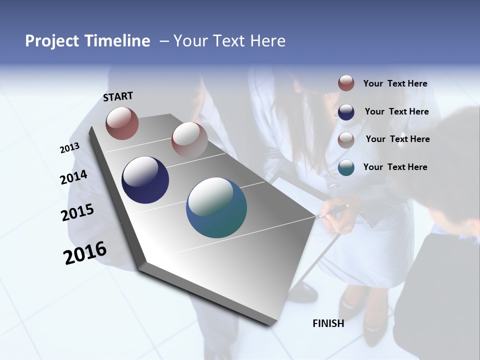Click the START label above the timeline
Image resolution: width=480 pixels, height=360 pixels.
(x=118, y=96)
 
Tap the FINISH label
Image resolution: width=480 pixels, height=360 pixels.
(x=328, y=323)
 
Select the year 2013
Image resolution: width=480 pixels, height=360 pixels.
(x=69, y=148)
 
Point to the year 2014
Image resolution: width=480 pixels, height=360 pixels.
(x=73, y=177)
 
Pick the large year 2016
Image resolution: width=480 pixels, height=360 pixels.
(x=85, y=253)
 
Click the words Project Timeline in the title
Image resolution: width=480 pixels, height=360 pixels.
(x=87, y=41)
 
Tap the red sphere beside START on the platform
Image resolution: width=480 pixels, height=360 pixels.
(x=122, y=123)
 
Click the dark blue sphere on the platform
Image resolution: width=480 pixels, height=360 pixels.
(x=145, y=180)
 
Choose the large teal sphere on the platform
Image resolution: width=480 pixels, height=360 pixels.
(x=216, y=207)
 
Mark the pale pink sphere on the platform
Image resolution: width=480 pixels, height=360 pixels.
(x=189, y=139)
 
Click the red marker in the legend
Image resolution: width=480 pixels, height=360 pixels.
(x=346, y=83)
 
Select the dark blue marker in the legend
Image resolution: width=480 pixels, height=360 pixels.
(x=346, y=111)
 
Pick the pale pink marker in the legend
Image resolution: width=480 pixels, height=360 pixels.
(x=346, y=139)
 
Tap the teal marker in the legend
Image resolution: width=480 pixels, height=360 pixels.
(x=346, y=167)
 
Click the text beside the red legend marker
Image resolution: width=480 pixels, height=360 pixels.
(x=395, y=83)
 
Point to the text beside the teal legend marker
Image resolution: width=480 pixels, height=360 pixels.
(x=395, y=167)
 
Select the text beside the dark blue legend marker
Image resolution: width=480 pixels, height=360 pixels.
(x=396, y=111)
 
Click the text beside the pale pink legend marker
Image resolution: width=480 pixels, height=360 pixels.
(x=397, y=139)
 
